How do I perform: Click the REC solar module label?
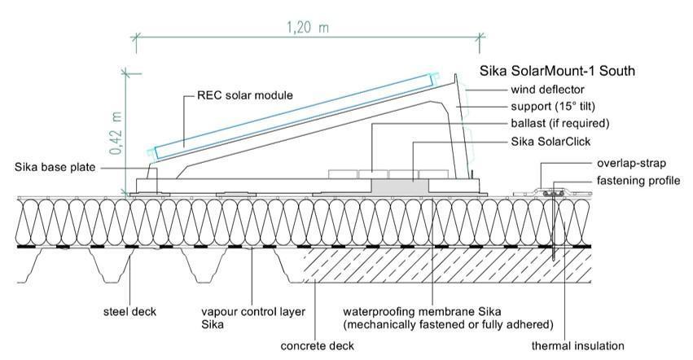point(245,95)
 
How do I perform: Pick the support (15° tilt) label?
point(560,106)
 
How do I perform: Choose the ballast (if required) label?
point(560,123)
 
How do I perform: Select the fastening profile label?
point(635,180)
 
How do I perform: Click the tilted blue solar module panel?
point(293,114)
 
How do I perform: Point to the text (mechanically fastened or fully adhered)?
point(449,323)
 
